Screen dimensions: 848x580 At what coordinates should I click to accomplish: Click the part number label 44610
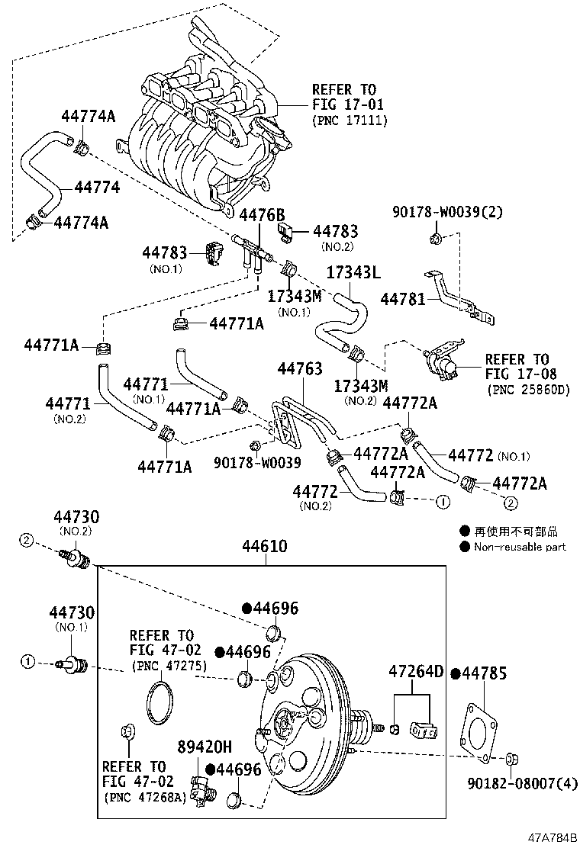[x=265, y=546]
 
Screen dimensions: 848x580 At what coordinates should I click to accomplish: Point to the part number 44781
[x=403, y=300]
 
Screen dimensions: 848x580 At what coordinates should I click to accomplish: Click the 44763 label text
[x=300, y=369]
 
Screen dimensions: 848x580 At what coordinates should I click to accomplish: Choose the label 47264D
[x=416, y=672]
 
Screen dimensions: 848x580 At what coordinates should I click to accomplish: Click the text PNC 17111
[x=350, y=120]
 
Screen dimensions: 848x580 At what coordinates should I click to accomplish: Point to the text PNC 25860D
[x=528, y=390]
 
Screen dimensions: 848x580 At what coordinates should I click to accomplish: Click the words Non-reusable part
[x=520, y=547]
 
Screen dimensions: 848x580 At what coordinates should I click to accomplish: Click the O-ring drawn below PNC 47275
[x=159, y=700]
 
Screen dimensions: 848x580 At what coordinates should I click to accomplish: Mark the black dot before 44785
[x=456, y=673]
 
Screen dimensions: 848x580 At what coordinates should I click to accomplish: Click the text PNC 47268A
[x=145, y=798]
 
